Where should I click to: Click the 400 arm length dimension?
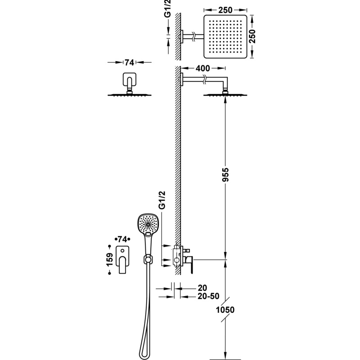pos(202,68)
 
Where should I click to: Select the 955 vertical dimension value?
pos(225,175)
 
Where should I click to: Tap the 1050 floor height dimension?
pos(225,310)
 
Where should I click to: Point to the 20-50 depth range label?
pos(208,296)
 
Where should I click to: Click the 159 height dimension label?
pos(110,260)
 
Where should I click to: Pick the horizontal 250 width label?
pos(225,10)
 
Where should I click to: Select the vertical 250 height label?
pos(252,36)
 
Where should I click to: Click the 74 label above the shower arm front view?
pos(129,63)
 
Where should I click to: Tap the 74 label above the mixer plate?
pos(122,239)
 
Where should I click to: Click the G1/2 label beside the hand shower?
pos(162,200)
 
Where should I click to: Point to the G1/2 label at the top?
pos(168,9)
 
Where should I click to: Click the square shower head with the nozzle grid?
pos(225,36)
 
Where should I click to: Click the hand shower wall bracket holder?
pos(148,260)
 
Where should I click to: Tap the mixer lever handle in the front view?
pos(122,265)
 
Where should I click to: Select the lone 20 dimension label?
pos(202,288)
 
